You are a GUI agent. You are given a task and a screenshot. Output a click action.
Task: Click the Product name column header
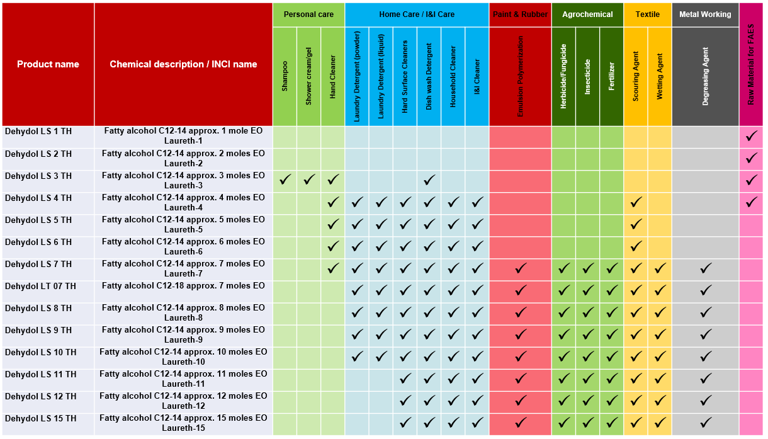coord(48,64)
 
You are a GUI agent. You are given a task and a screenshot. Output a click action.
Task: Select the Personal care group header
coord(308,14)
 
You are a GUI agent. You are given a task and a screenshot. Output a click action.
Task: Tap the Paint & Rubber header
coord(520,14)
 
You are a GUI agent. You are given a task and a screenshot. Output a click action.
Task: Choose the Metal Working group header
coord(705,14)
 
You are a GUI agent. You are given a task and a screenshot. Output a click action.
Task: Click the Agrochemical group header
coord(587,14)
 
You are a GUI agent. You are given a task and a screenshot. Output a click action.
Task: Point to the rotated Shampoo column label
coord(285,76)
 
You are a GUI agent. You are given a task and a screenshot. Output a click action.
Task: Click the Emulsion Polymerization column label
coord(521,76)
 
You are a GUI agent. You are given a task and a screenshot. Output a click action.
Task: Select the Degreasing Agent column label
coord(705,76)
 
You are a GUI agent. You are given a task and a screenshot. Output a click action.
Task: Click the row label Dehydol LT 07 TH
coord(40,287)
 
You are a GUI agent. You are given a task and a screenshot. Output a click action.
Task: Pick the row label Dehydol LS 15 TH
coord(40,419)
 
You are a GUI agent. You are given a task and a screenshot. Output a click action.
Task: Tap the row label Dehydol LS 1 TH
coord(38,132)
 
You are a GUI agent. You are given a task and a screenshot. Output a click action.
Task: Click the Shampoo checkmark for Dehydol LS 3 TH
coord(285,181)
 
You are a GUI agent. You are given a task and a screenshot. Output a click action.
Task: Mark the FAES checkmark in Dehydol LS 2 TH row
coord(751,159)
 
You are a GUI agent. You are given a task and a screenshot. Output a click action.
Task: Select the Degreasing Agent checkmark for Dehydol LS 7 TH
coord(706,269)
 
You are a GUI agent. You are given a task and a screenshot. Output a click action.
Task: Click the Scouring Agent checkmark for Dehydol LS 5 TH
coord(636,225)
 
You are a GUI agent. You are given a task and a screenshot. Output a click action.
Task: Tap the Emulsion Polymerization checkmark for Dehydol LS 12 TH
coord(521,401)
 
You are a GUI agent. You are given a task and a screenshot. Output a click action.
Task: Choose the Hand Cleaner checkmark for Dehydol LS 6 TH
coord(333,247)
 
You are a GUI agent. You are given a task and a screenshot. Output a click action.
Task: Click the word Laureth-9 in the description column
coord(183,340)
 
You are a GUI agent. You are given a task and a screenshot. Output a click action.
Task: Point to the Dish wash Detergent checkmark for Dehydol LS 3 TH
coord(429,181)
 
